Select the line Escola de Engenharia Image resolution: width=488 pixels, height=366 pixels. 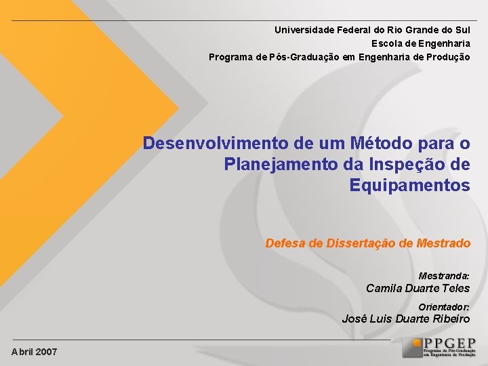coord(420,43)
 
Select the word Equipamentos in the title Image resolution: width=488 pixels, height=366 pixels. coord(409,185)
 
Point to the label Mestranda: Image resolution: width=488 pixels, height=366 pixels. coord(444,276)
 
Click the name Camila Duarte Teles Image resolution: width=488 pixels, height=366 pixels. coord(418,289)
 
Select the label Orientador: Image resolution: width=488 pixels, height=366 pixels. coord(443,306)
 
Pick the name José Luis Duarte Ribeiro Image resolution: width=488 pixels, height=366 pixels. coord(405,319)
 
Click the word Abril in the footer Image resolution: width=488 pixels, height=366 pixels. coord(24,352)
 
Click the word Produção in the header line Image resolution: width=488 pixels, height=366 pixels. coord(447,57)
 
